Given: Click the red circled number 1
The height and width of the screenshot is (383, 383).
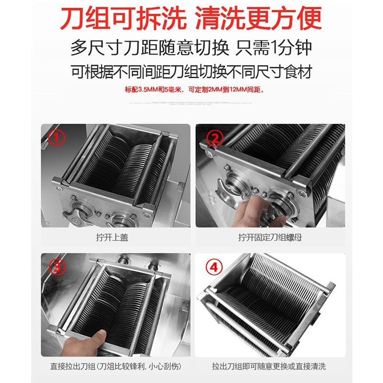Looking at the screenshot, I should (x=57, y=139).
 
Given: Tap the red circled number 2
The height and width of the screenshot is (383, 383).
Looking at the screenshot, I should (x=215, y=139).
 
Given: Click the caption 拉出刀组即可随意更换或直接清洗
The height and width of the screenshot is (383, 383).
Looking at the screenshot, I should (x=270, y=367).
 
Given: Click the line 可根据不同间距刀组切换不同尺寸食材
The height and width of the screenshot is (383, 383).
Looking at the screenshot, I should (x=191, y=72).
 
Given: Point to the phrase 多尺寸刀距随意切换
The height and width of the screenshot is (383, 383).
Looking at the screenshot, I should (x=148, y=48).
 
